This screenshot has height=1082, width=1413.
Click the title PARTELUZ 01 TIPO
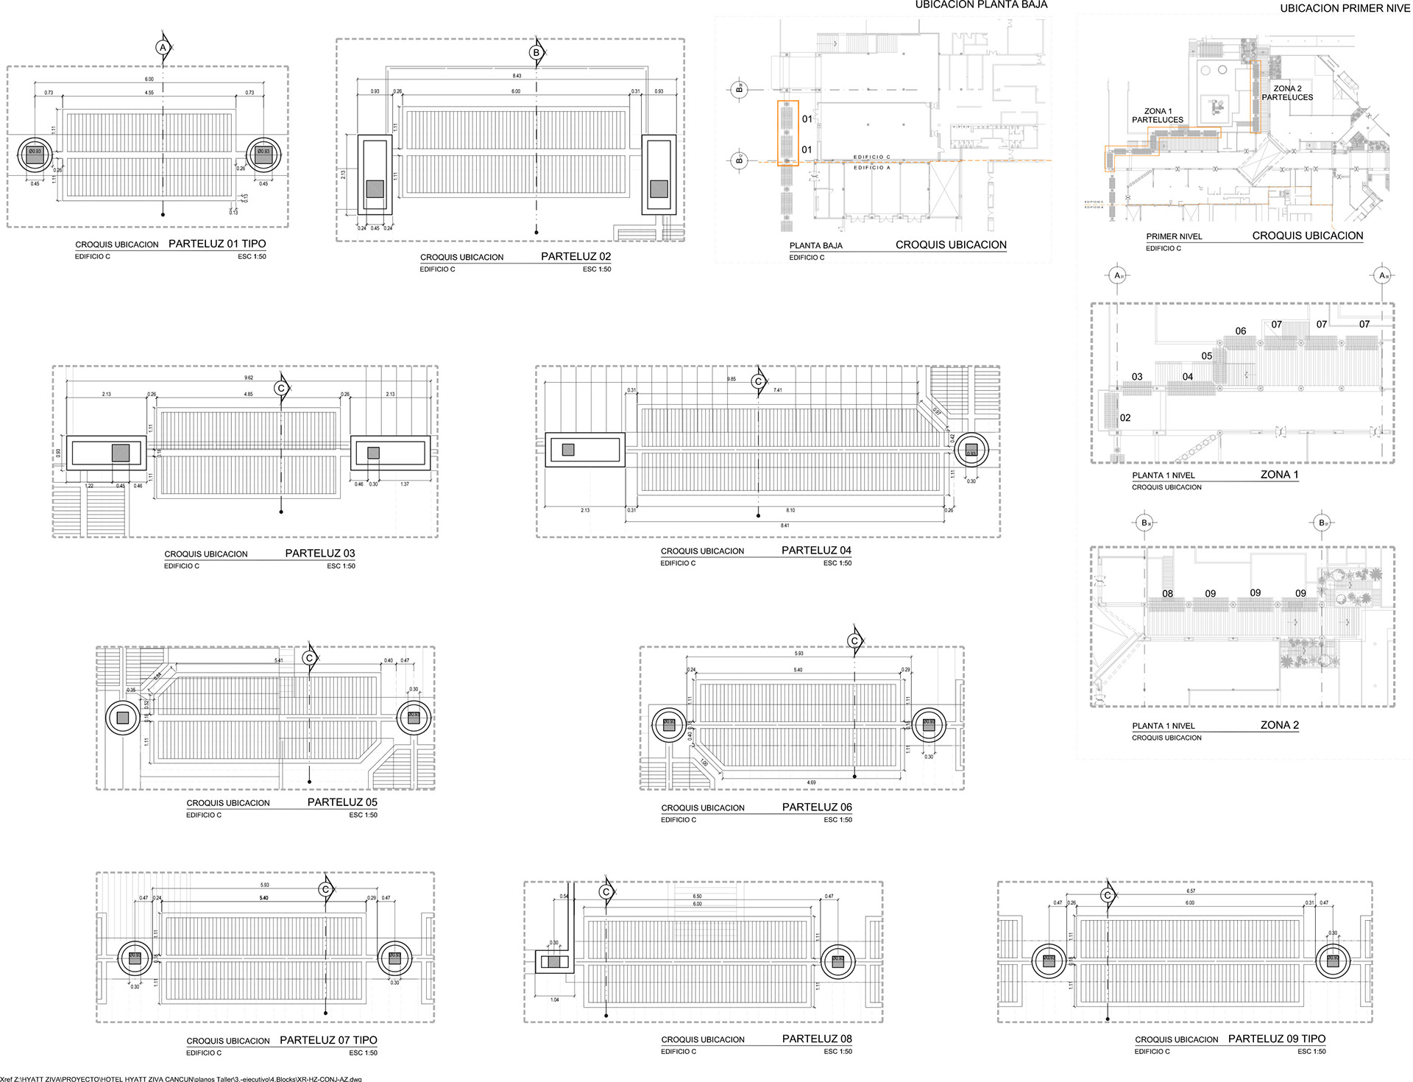217,244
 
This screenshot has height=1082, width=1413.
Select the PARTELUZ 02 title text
576,256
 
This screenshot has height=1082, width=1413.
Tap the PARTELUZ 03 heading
319,553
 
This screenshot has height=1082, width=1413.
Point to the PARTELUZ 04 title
816,550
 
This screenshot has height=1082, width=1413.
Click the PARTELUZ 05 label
342,802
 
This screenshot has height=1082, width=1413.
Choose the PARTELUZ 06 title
817,807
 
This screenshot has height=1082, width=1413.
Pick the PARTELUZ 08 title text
817,1039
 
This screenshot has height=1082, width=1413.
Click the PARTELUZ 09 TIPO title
1277,1039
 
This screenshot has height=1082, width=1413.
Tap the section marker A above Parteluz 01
162,47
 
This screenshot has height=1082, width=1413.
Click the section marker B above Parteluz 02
536,53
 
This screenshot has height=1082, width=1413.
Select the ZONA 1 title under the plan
1279,474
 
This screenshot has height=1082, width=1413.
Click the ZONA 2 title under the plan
1279,724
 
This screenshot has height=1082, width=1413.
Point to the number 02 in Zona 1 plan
1125,417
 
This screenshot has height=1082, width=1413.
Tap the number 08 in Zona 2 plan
1168,593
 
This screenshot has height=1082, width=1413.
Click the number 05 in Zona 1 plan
1207,356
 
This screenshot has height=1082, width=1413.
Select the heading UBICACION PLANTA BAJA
981,5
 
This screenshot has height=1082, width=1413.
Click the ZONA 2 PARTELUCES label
1287,93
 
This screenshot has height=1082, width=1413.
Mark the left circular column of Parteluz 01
35,155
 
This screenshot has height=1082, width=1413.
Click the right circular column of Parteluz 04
971,450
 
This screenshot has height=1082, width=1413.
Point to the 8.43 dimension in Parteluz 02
517,76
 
